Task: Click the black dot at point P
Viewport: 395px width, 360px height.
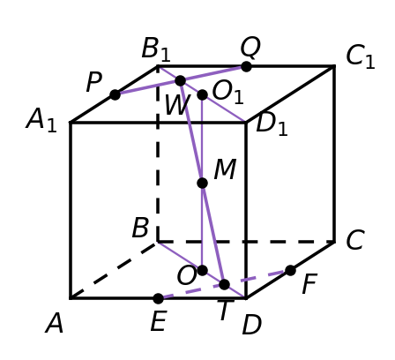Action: click(x=116, y=94)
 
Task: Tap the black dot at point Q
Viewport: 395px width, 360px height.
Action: click(x=246, y=66)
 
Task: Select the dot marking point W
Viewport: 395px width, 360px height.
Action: click(x=180, y=80)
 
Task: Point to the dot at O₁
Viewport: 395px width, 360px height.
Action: click(x=202, y=94)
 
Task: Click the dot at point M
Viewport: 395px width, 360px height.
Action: click(x=202, y=183)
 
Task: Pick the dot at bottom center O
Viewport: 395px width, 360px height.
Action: click(x=202, y=270)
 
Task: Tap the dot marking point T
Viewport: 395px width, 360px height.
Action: click(x=224, y=284)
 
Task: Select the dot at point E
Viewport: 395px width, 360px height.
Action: click(x=159, y=298)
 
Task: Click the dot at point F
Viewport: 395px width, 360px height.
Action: click(x=290, y=270)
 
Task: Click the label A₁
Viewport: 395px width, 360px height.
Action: click(x=41, y=120)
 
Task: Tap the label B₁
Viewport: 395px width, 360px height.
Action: click(x=156, y=49)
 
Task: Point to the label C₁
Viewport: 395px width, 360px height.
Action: click(x=361, y=56)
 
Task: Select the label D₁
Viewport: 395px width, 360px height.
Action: click(x=272, y=124)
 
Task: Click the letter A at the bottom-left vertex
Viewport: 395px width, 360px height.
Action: click(x=54, y=324)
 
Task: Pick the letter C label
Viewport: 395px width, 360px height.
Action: click(x=355, y=240)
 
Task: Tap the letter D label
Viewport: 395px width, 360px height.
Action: click(x=252, y=325)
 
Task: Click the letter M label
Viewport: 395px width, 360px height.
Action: click(x=225, y=169)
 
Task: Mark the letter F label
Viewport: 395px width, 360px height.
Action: click(x=309, y=283)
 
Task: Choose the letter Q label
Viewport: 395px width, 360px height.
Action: click(x=250, y=47)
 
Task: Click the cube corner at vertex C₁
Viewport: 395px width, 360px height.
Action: click(x=334, y=66)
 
